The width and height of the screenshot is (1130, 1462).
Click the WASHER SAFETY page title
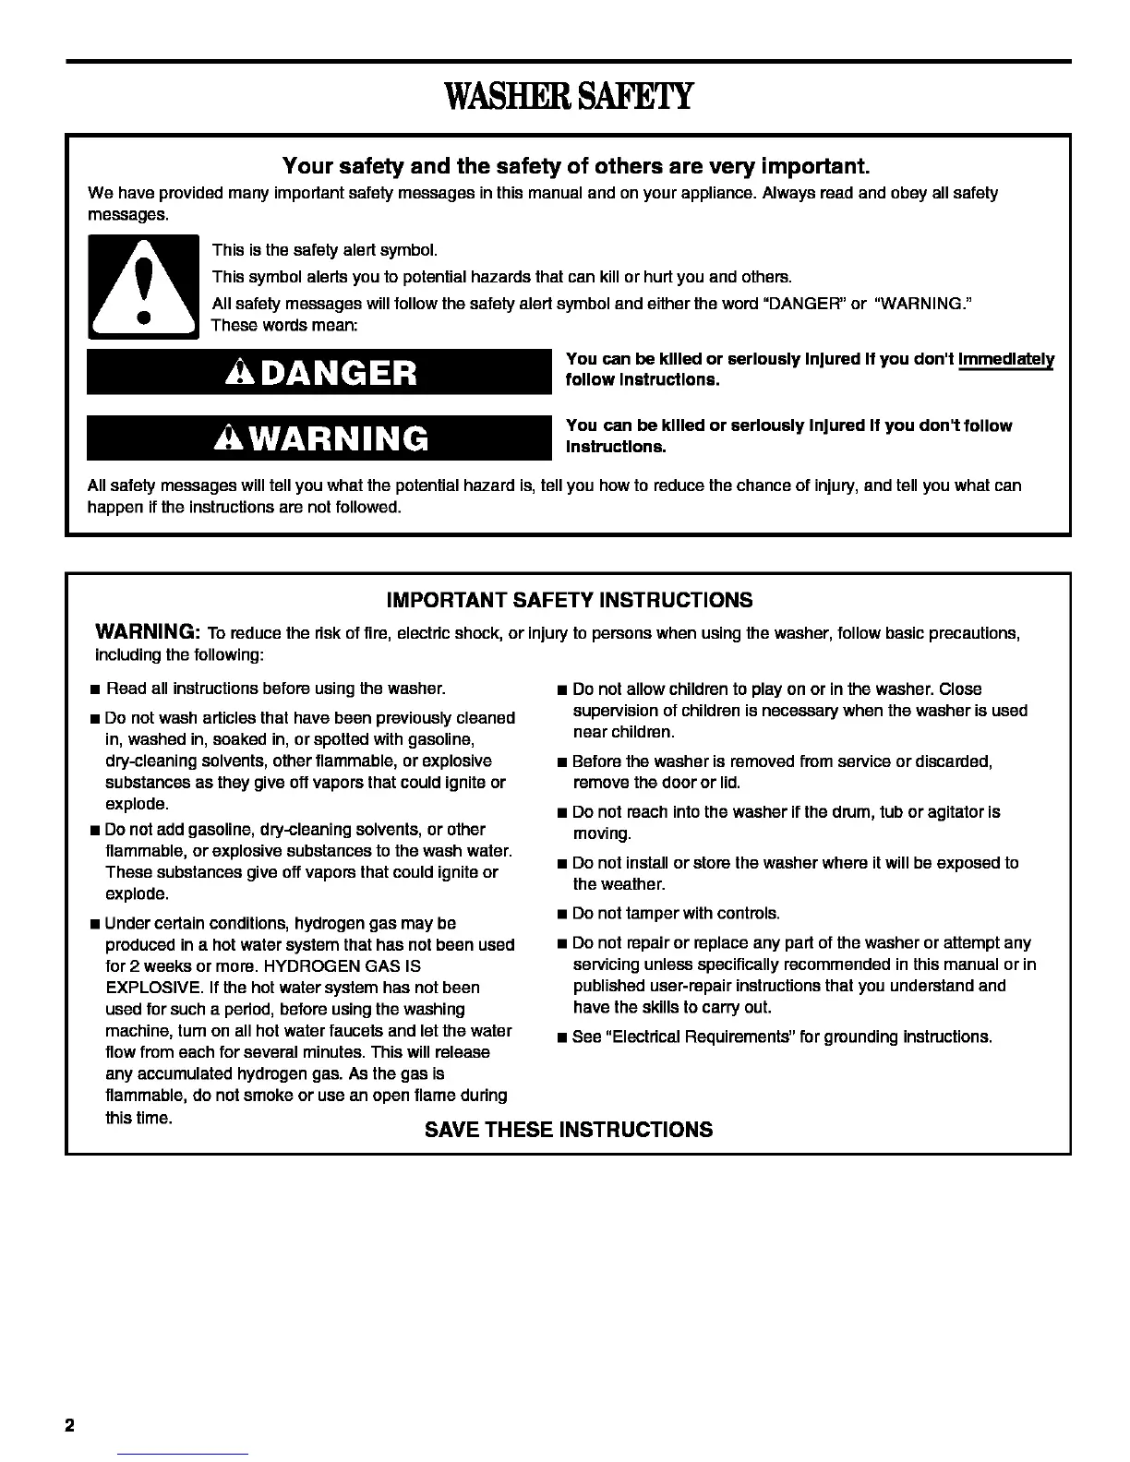(x=568, y=96)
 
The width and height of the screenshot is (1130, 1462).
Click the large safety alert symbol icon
(x=143, y=286)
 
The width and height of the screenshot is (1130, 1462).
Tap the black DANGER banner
(x=319, y=372)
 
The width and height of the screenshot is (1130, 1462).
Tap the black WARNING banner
(x=319, y=437)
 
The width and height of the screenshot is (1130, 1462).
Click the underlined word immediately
(x=1006, y=359)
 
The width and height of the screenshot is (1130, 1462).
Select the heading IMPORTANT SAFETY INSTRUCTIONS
(x=569, y=601)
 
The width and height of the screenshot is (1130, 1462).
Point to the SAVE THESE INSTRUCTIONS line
(x=569, y=1130)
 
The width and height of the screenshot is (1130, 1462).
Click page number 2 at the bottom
(x=69, y=1424)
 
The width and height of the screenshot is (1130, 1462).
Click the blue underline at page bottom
(x=184, y=1454)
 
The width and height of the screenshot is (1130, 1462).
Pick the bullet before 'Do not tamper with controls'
(x=561, y=915)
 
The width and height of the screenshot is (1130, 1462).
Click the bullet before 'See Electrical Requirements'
(x=561, y=1038)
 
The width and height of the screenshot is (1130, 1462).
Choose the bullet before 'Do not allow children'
(x=561, y=690)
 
